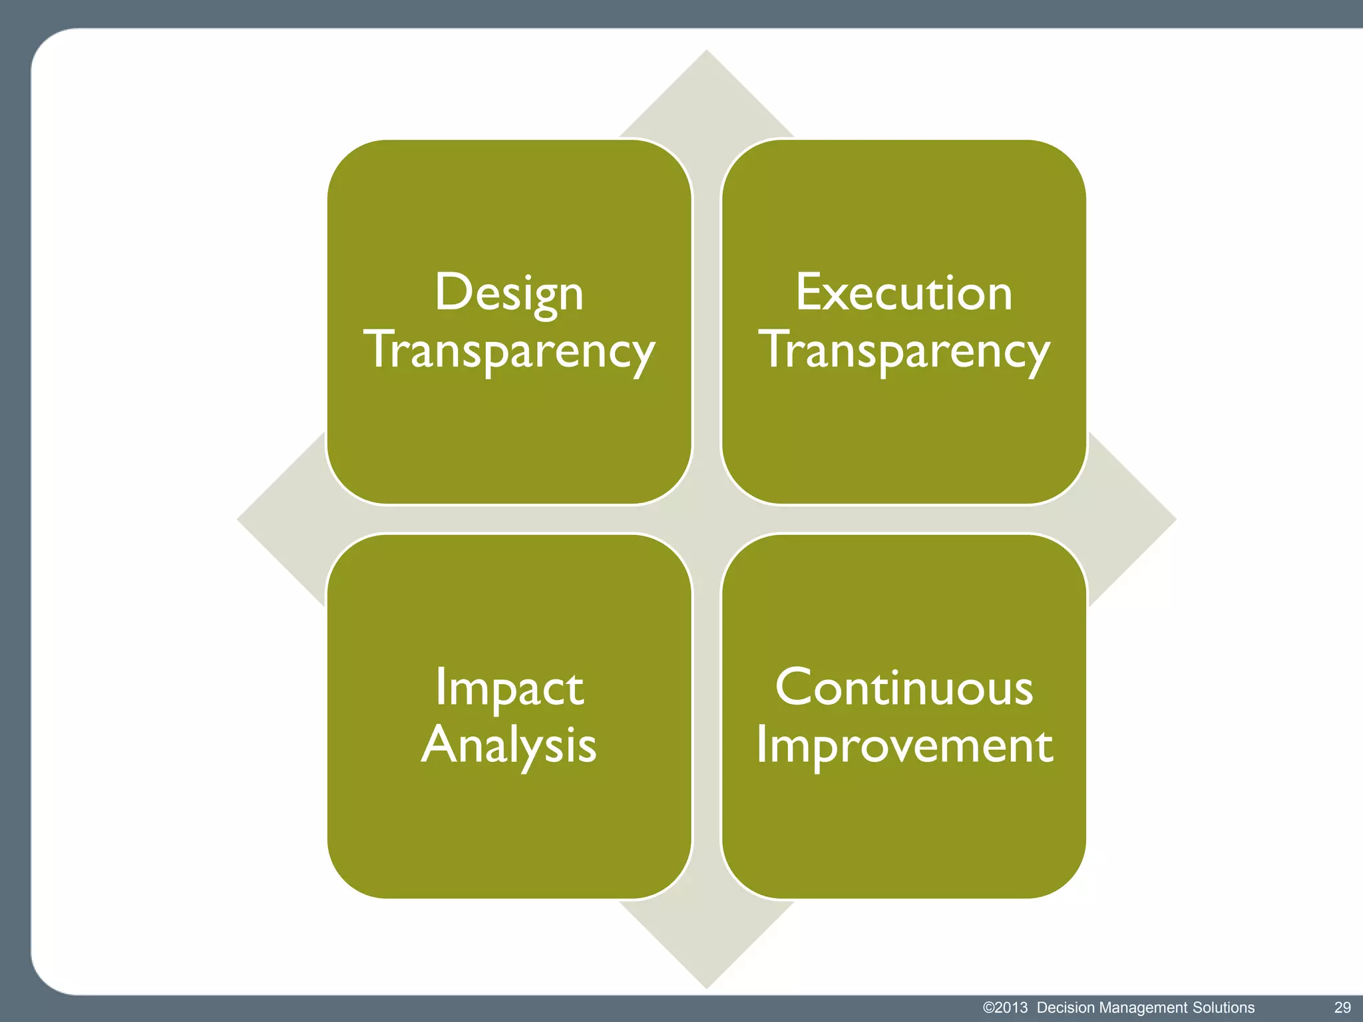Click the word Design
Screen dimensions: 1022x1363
(509, 293)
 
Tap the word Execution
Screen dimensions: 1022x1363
(904, 293)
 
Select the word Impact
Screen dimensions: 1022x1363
(509, 687)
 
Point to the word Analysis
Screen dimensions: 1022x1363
(509, 745)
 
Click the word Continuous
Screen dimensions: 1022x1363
(904, 687)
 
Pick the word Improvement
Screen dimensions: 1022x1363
(904, 745)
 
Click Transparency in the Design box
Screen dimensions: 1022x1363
(509, 351)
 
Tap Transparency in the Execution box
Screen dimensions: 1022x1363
(904, 351)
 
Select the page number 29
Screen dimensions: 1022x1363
(1342, 1007)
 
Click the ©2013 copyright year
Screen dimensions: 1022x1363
(1005, 1007)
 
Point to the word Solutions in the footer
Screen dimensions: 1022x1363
(1223, 1007)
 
